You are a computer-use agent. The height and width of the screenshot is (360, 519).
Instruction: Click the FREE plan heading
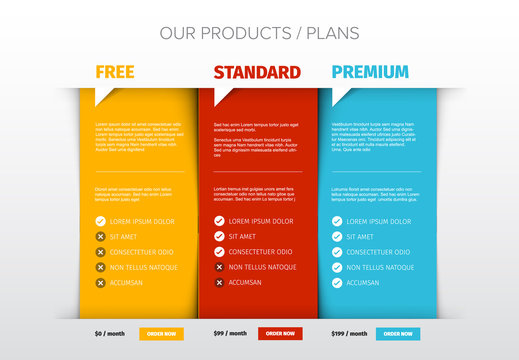pyautogui.click(x=115, y=72)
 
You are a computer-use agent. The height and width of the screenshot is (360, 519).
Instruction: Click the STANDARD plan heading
pyautogui.click(x=257, y=72)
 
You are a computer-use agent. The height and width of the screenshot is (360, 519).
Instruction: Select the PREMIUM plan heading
pyautogui.click(x=370, y=72)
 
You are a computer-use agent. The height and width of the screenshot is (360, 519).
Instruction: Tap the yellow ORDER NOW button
pyautogui.click(x=161, y=333)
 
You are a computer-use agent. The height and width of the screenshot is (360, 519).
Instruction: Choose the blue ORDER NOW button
pyautogui.click(x=398, y=333)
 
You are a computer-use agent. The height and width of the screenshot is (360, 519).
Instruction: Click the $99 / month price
pyautogui.click(x=230, y=333)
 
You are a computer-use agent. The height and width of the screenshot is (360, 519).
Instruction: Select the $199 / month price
pyautogui.click(x=348, y=333)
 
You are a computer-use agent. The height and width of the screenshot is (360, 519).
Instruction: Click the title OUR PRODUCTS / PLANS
pyautogui.click(x=259, y=34)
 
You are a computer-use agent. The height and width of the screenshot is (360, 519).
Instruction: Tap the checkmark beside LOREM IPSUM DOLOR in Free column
pyautogui.click(x=100, y=221)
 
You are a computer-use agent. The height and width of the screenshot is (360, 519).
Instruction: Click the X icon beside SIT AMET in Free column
pyautogui.click(x=100, y=237)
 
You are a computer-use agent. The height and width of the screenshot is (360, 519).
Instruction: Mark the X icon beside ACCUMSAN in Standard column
pyautogui.click(x=219, y=283)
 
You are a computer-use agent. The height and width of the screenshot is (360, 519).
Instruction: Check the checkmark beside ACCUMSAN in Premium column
pyautogui.click(x=337, y=283)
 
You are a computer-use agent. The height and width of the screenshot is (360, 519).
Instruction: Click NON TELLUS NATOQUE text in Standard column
pyautogui.click(x=262, y=268)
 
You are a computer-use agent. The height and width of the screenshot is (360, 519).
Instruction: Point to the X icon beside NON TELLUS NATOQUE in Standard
pyautogui.click(x=219, y=268)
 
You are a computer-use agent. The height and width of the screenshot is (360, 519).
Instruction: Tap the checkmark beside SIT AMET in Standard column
pyautogui.click(x=219, y=237)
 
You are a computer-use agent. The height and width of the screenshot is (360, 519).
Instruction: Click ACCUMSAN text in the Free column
pyautogui.click(x=127, y=283)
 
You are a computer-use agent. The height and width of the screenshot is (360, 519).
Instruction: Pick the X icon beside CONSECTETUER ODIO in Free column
pyautogui.click(x=100, y=252)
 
